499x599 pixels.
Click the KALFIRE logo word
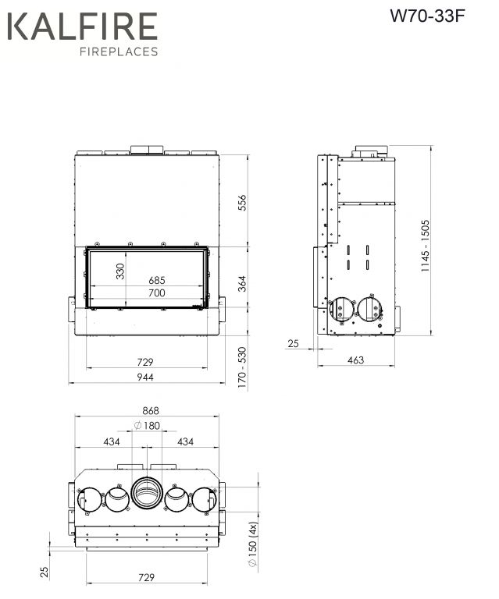tap(82, 26)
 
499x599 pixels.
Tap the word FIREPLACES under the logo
tap(119, 51)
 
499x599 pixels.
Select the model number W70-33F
tap(427, 16)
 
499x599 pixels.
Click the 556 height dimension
tap(242, 203)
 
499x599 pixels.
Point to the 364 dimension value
tap(242, 283)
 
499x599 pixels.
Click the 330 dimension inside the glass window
tap(120, 271)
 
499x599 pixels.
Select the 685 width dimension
tap(157, 281)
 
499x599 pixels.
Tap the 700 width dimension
tap(157, 293)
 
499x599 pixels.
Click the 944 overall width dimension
tap(145, 377)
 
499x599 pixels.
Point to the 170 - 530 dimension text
tap(242, 367)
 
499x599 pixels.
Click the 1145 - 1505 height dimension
tap(425, 246)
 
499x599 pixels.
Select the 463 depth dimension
tap(355, 360)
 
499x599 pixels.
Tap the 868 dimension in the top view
tap(150, 411)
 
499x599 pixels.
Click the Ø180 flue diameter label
tap(148, 425)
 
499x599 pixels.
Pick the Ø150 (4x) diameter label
tap(253, 544)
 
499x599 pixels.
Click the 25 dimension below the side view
tap(293, 343)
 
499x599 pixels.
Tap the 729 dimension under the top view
tap(146, 577)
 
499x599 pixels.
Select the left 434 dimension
tap(112, 442)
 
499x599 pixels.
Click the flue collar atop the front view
tap(147, 150)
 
